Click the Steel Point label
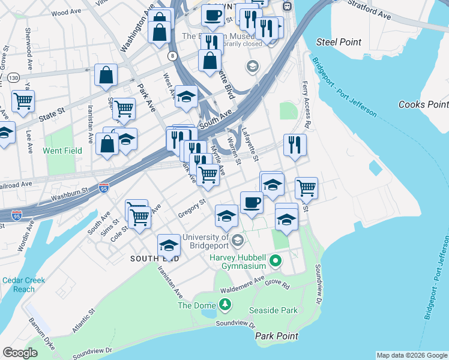[339, 42]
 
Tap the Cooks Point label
[423, 104]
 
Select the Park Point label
[277, 336]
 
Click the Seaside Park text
[273, 311]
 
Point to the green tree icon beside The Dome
[225, 305]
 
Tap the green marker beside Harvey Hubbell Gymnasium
[276, 260]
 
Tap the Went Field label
[62, 151]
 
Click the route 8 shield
[173, 56]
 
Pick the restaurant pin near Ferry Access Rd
[294, 146]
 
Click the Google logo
[20, 353]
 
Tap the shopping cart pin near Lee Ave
[23, 101]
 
